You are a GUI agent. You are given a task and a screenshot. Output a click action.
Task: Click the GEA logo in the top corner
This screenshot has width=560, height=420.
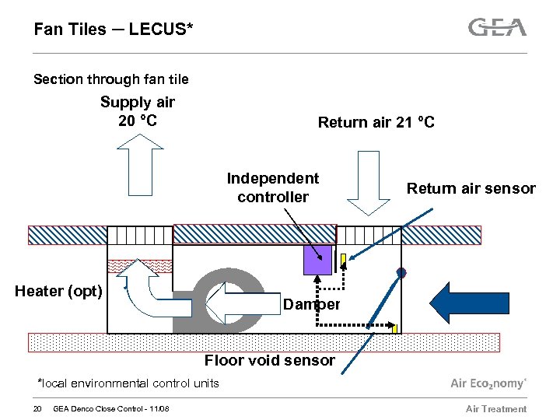click(x=497, y=28)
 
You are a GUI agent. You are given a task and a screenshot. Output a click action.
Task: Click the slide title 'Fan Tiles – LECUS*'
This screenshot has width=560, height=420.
click(x=114, y=30)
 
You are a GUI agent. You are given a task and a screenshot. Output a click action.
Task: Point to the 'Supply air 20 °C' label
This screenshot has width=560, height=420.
click(x=138, y=111)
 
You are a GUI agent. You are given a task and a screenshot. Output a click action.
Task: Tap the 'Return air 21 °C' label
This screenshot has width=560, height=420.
click(x=376, y=122)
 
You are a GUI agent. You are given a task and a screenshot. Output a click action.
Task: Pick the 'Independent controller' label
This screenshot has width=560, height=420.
click(x=273, y=187)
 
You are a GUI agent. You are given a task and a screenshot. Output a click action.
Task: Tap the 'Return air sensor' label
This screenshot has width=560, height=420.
click(x=471, y=188)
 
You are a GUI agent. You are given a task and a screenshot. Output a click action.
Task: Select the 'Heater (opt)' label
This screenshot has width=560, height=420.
click(x=58, y=291)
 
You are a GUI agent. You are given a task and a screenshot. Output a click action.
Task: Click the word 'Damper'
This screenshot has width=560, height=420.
click(x=311, y=304)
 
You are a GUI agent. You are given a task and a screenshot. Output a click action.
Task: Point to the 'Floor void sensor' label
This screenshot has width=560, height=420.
click(x=269, y=360)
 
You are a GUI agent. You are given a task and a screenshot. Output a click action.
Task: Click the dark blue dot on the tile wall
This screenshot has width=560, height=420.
click(x=401, y=272)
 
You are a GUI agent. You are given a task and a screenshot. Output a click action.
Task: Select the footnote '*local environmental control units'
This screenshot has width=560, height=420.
click(x=128, y=383)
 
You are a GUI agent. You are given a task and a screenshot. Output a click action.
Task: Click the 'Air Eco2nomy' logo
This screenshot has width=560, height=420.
click(x=488, y=383)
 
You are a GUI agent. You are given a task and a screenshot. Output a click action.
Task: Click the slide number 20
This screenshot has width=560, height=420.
click(x=37, y=409)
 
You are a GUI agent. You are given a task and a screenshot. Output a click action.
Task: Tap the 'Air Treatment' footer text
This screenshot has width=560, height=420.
click(x=495, y=409)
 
